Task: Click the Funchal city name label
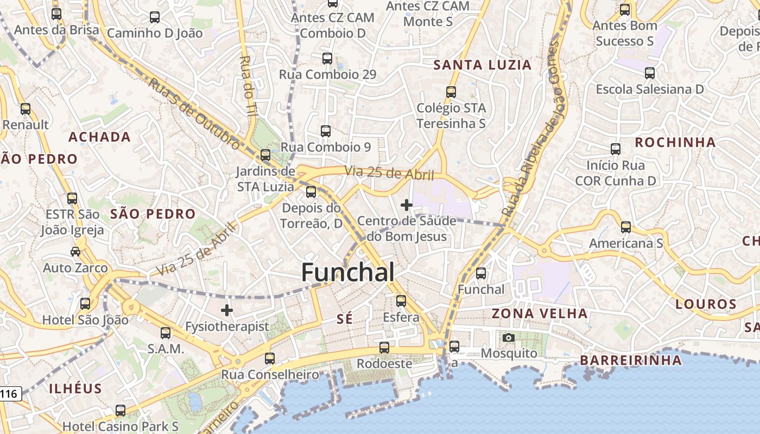(348, 272)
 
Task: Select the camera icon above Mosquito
(509, 337)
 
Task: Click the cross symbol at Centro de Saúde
(406, 205)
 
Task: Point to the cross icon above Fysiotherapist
(227, 310)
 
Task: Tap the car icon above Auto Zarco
(75, 252)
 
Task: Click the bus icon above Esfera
(401, 301)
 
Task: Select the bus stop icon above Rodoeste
(384, 348)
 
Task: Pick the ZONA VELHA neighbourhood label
(540, 314)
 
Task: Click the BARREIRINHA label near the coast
(631, 360)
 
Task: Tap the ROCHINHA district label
(675, 143)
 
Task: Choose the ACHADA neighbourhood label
(100, 137)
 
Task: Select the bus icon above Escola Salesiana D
(650, 73)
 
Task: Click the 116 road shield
(9, 394)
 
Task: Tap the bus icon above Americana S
(626, 227)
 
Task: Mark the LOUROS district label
(706, 304)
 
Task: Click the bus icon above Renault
(26, 108)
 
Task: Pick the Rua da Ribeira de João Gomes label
(531, 130)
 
